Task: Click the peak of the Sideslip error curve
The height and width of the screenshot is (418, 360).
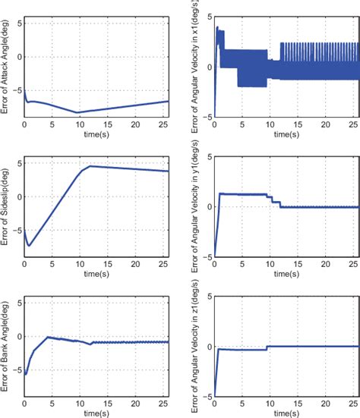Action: coord(90,165)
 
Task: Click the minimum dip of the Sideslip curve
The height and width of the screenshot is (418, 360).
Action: coord(29,245)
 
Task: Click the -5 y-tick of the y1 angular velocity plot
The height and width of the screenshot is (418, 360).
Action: coord(207,257)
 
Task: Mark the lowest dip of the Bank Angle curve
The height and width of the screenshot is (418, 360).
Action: coord(27,374)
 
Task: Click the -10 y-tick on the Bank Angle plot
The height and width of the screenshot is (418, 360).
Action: coord(17,397)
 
